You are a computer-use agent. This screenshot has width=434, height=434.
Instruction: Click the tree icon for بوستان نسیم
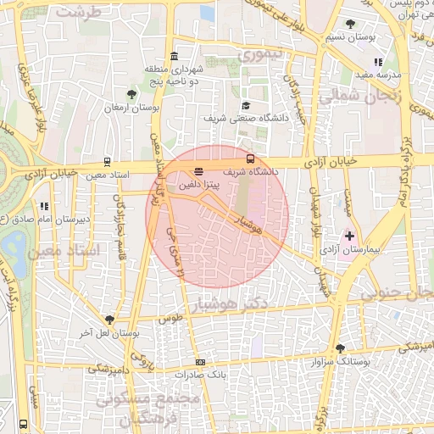pos(351,24)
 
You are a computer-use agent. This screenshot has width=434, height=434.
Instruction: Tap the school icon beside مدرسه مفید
pos(377,62)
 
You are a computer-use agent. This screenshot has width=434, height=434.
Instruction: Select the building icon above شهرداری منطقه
pos(174,56)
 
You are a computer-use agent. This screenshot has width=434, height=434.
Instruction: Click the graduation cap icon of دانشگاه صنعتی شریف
pos(246,105)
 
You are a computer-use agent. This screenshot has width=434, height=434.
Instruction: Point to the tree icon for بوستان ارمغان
pos(130,95)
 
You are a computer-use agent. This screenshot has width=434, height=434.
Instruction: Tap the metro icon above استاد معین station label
pos(107,161)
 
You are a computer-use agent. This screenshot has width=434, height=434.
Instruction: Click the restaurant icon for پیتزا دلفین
pos(198,171)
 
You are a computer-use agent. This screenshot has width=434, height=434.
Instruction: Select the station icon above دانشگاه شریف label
pos(250,159)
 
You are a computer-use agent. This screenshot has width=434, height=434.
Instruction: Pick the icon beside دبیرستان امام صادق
pos(44,206)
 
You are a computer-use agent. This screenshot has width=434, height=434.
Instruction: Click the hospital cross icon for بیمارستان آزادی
pos(349,234)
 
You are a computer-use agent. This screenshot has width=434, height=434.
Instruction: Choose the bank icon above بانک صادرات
pos(200,362)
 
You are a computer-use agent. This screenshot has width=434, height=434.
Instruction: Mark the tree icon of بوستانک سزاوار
pos(340,348)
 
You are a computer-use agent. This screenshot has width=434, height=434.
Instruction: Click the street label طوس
pos(170,319)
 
